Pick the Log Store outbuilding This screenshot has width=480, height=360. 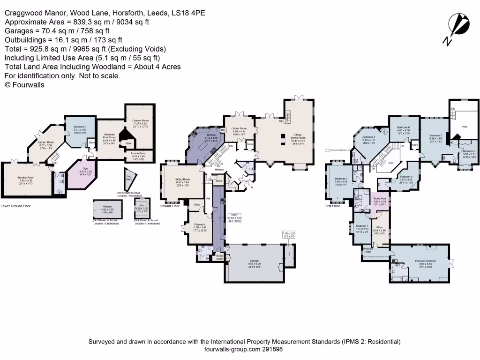click(x=129, y=177)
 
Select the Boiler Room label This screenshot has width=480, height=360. click(x=219, y=257)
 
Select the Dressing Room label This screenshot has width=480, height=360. click(x=368, y=250)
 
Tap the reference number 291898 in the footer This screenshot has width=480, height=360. click(x=271, y=349)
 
